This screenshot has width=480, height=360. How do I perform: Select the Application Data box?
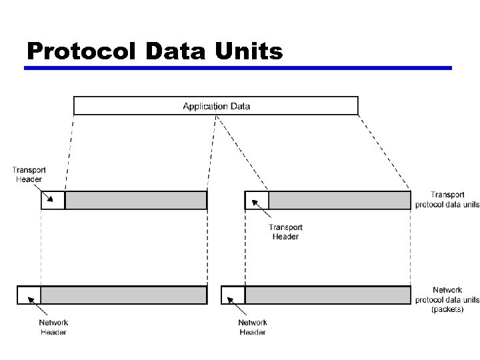click(216, 105)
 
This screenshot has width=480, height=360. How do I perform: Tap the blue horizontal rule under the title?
click(239, 68)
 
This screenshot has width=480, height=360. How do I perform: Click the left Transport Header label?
click(29, 175)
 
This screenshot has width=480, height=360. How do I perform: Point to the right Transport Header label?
click(285, 231)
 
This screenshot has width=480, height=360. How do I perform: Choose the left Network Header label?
click(53, 327)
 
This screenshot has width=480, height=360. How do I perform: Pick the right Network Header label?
click(252, 327)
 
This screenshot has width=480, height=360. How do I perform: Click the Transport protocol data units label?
click(447, 199)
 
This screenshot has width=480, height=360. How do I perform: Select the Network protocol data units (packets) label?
click(447, 299)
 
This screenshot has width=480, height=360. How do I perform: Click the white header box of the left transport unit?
click(53, 200)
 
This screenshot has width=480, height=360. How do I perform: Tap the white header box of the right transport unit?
click(257, 200)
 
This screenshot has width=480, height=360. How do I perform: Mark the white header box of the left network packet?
click(29, 295)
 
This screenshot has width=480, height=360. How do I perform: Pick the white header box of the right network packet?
click(233, 295)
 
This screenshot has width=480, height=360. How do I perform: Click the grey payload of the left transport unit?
click(136, 200)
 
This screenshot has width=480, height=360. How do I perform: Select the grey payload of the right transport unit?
click(339, 200)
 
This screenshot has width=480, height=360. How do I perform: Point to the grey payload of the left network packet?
click(124, 295)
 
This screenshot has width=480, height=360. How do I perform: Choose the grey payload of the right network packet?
click(327, 295)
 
